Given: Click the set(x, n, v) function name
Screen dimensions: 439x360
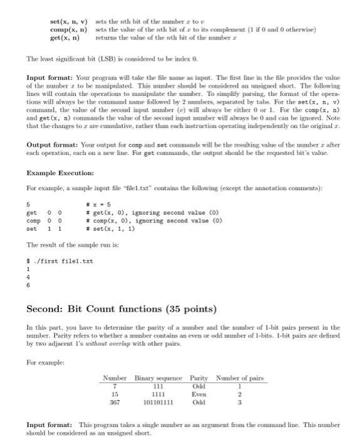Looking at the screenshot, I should (x=69, y=21).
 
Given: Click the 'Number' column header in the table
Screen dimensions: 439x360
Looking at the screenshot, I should (x=115, y=378).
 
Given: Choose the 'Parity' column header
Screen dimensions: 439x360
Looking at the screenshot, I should (x=199, y=378).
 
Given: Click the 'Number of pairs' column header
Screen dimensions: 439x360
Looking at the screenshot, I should (x=240, y=378).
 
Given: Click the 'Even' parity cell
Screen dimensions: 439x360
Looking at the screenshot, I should (x=199, y=394).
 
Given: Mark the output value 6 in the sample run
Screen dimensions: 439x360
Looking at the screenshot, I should (x=28, y=285).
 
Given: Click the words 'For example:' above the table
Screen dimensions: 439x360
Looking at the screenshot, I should (x=45, y=362).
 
